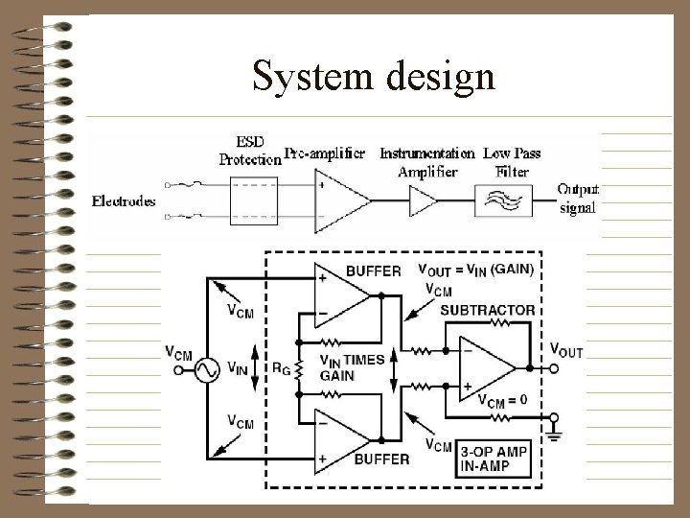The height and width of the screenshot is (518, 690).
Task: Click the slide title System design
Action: (x=374, y=76)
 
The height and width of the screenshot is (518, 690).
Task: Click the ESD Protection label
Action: (x=250, y=153)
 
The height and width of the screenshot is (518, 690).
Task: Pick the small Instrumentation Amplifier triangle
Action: (x=423, y=201)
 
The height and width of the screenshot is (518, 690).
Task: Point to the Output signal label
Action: (x=578, y=199)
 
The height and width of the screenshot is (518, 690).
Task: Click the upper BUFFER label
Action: (x=372, y=271)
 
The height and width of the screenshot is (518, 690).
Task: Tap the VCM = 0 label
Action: (x=501, y=401)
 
